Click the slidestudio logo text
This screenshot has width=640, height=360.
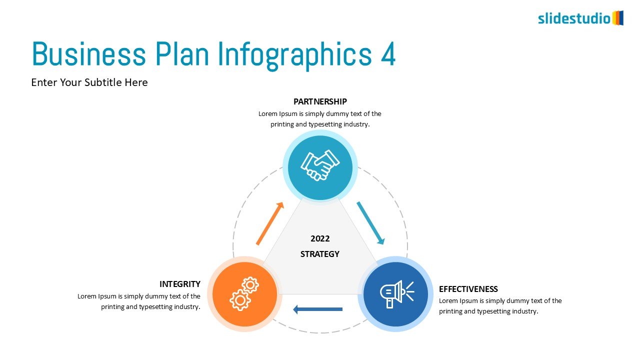coord(574,18)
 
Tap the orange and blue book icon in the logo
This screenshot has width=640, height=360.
coord(617,18)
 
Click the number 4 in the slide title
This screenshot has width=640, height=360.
coord(388,54)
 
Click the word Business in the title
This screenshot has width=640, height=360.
coord(89,54)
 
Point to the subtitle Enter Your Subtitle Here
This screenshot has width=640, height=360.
coord(89,82)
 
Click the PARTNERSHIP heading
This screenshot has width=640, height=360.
coord(320,101)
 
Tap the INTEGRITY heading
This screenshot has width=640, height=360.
coord(180,284)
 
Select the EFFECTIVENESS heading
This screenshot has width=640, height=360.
coord(468,289)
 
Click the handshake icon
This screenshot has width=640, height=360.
coord(320,165)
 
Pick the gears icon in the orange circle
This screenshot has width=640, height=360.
coord(244,293)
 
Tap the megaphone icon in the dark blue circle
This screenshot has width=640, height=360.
coord(397,294)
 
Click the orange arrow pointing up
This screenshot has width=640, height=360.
coord(270,223)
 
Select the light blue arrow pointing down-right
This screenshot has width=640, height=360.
coord(370,223)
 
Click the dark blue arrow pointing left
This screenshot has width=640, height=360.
coord(317,309)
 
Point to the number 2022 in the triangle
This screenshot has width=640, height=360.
coord(320,238)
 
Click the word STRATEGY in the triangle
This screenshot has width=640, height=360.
coord(320,254)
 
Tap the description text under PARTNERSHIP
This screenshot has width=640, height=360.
coord(320,119)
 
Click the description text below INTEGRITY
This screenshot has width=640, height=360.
coord(139,301)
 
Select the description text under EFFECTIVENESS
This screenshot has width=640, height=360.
coord(500,306)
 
